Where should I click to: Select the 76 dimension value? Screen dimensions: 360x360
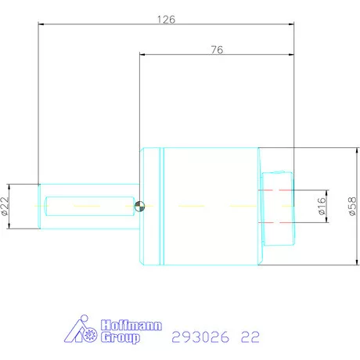[x=217, y=49]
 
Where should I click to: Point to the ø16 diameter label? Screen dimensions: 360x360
[x=320, y=206]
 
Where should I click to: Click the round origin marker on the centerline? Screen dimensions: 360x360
[x=139, y=206]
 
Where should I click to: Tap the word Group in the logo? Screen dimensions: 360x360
[x=121, y=338]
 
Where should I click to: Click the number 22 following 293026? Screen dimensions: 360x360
[x=250, y=337]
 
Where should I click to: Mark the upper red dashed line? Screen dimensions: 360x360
[x=278, y=190]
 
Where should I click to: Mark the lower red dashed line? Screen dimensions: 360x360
[x=278, y=221]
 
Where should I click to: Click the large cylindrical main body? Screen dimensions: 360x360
[x=211, y=206]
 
